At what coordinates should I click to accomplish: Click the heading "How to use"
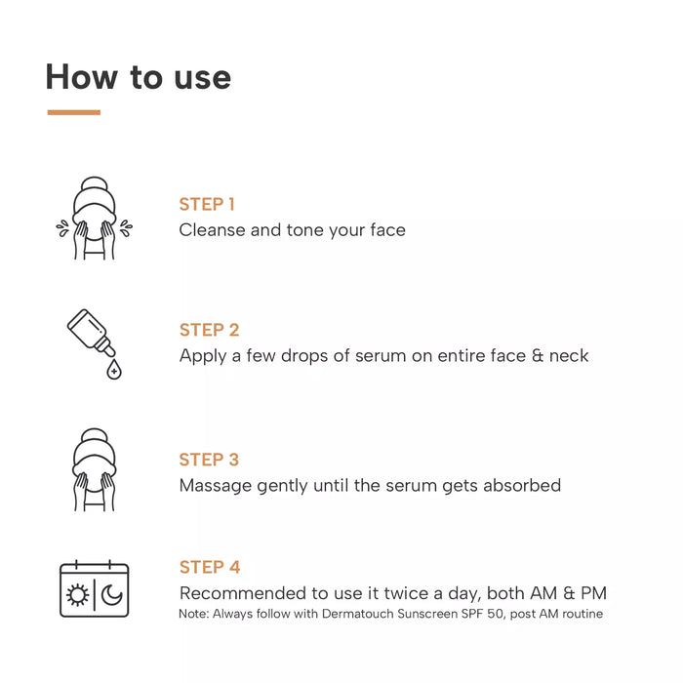point(139,77)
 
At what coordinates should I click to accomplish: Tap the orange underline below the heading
point(73,112)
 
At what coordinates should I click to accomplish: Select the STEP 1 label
point(207,204)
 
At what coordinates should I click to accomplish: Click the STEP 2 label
point(209,330)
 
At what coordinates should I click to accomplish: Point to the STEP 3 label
point(209,460)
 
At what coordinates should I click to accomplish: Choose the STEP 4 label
point(210,567)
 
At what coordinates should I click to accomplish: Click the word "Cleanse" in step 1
point(212,230)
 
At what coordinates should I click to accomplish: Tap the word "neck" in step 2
point(569,355)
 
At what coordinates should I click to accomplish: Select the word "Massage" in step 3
point(216,485)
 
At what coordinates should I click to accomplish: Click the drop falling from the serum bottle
point(114,370)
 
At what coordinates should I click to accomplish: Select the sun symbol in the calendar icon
point(77,595)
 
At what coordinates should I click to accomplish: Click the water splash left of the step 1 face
point(62,228)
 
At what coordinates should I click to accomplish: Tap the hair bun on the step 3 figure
point(94,436)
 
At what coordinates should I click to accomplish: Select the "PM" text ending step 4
point(593,593)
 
